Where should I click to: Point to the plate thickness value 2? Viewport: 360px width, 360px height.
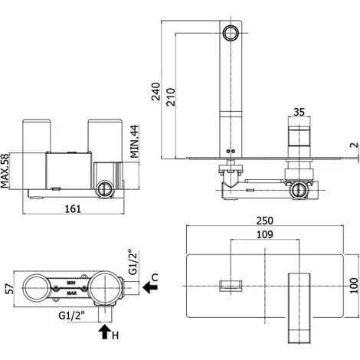(353, 146)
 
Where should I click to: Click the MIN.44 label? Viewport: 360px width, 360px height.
(134, 142)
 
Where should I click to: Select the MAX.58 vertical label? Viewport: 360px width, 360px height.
(7, 170)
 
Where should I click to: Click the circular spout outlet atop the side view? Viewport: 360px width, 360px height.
(231, 33)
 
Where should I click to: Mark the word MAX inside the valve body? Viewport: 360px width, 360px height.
(70, 294)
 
